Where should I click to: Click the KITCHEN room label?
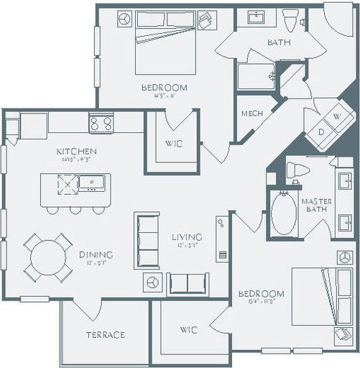tap(76, 152)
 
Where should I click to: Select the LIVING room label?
tap(186, 236)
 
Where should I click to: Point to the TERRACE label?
tap(106, 334)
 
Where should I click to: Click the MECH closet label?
tap(251, 114)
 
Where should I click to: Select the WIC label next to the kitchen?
tap(173, 143)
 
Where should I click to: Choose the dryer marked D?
tap(320, 132)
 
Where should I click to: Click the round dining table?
tap(47, 257)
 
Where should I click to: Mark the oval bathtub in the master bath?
tap(285, 213)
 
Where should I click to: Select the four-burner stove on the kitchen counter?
tap(101, 123)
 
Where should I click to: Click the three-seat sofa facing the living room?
tap(147, 239)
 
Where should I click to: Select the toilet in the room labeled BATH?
tap(290, 20)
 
